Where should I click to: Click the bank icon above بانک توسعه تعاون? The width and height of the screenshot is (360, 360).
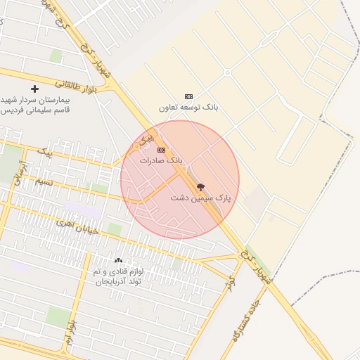click(188, 96)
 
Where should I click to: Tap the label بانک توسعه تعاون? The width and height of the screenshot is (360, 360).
click(188, 108)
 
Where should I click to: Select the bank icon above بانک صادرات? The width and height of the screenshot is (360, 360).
click(161, 150)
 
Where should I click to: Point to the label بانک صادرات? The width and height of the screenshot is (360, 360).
click(161, 160)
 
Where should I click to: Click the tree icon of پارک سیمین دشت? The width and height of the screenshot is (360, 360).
click(201, 188)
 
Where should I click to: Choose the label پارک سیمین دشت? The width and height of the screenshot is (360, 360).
click(201, 199)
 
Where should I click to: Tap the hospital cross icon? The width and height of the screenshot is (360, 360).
click(34, 89)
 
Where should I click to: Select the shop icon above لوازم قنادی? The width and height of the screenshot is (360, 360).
click(117, 261)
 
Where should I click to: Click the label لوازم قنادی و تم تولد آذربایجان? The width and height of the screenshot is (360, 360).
click(117, 276)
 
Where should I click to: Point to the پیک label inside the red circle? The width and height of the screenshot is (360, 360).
click(146, 140)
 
